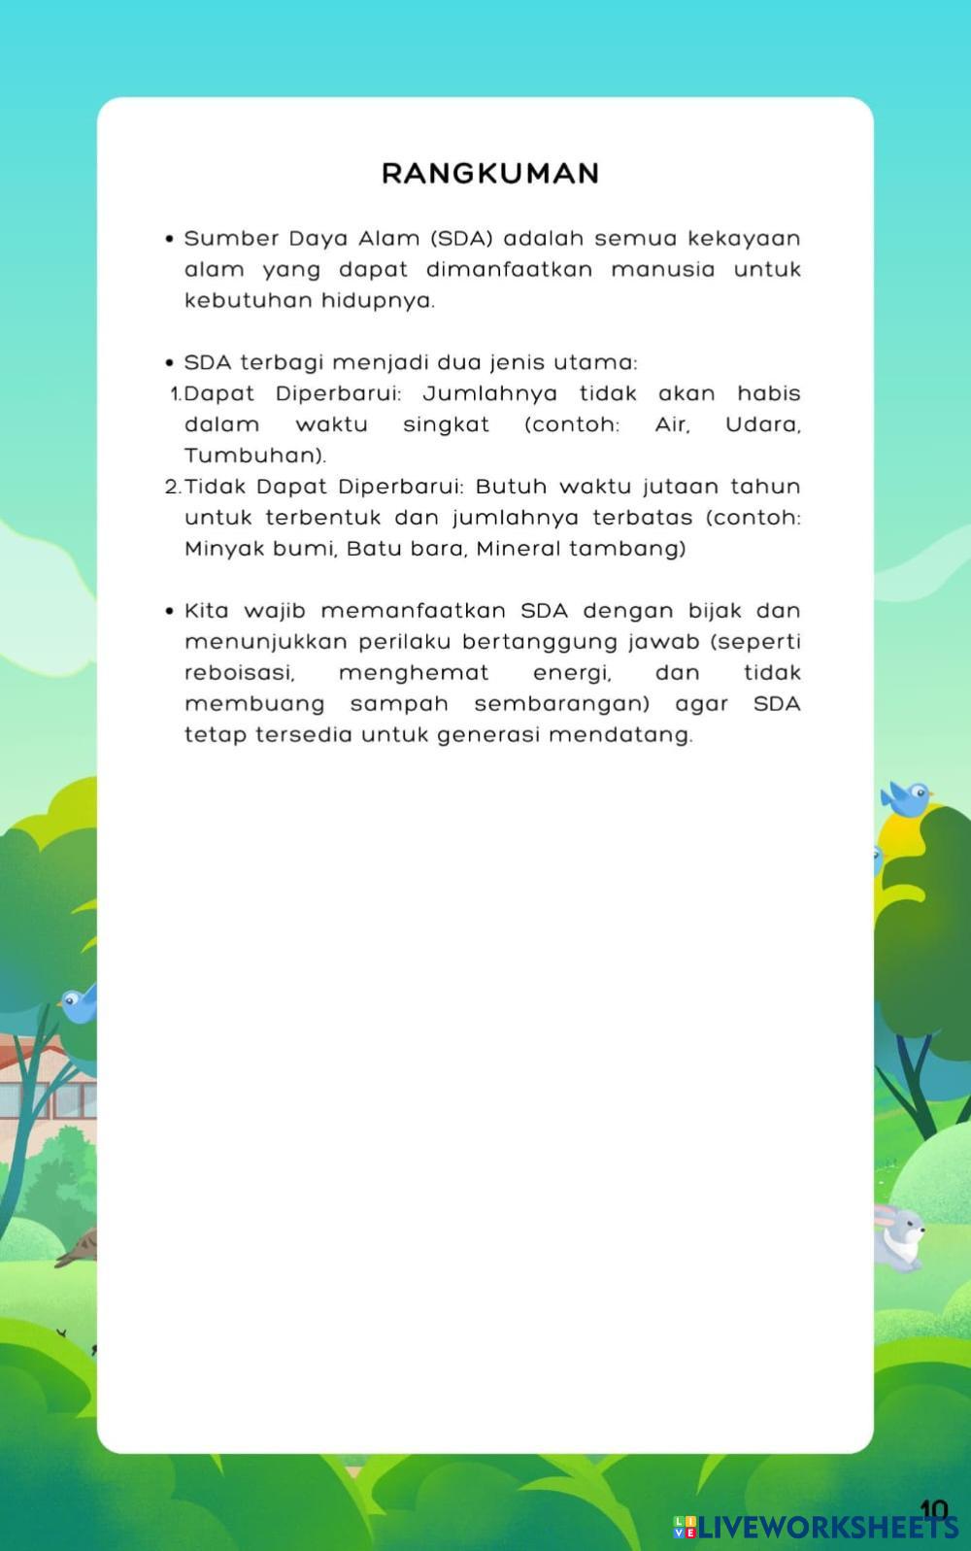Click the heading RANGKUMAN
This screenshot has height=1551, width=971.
click(490, 174)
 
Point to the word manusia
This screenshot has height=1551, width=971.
click(662, 270)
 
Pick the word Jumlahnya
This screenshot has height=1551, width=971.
click(490, 394)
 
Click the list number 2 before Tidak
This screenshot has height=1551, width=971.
click(172, 487)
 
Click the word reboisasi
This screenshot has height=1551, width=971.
click(239, 673)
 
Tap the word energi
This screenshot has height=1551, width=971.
click(572, 673)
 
